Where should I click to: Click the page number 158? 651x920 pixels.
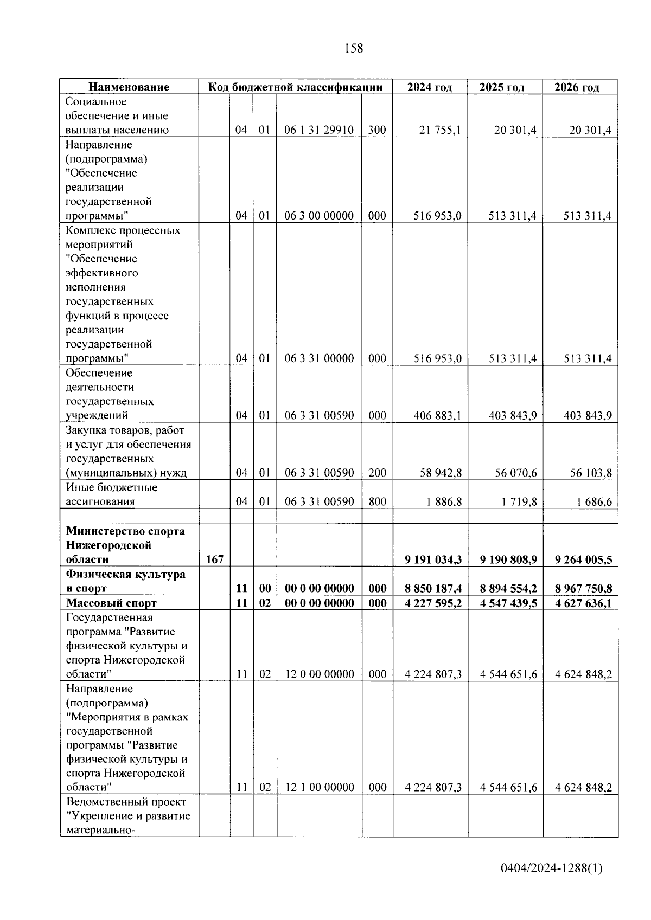click(354, 48)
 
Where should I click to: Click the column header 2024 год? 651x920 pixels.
click(429, 87)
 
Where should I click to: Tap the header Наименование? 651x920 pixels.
click(129, 87)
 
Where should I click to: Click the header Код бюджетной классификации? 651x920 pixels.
click(296, 87)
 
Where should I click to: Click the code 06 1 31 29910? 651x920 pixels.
click(319, 130)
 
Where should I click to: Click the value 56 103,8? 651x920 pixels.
click(591, 473)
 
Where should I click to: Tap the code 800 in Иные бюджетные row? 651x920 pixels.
click(377, 501)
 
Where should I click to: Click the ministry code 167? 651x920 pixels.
click(214, 559)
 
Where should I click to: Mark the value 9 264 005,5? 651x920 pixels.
click(583, 559)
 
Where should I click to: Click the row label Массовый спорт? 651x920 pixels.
click(111, 603)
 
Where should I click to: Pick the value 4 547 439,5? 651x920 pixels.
click(508, 603)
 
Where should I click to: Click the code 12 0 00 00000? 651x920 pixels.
click(320, 674)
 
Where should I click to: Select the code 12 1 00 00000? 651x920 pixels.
click(320, 788)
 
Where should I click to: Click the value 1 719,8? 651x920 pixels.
click(519, 501)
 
